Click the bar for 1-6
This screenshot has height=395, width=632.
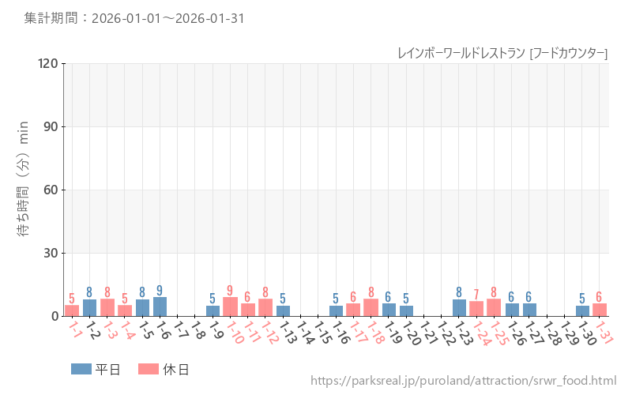click(x=160, y=307)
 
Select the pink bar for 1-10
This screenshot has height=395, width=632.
click(x=230, y=307)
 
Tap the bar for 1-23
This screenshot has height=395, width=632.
click(x=459, y=307)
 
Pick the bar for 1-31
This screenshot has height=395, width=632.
click(x=600, y=310)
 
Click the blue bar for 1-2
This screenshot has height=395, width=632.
click(x=89, y=307)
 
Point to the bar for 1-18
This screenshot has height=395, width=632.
click(x=371, y=307)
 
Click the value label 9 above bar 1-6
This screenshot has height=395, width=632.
click(x=160, y=291)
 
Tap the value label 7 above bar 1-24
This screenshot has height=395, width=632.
click(x=476, y=295)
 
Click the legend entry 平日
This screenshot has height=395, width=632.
click(x=96, y=369)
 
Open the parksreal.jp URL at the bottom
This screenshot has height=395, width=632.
click(x=463, y=381)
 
